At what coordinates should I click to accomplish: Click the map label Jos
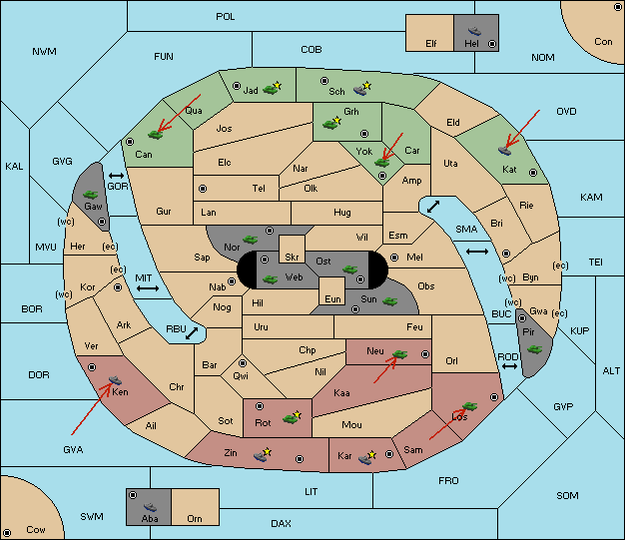click(x=224, y=129)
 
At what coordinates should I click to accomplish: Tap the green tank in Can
click(x=155, y=135)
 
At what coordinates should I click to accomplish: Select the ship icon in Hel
click(x=474, y=31)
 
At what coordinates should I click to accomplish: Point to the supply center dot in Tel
click(x=203, y=188)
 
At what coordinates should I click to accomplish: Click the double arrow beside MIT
click(x=148, y=288)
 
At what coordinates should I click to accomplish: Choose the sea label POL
click(x=226, y=17)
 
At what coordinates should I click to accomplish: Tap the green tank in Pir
click(x=534, y=349)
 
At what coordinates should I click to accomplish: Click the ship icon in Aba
click(x=151, y=507)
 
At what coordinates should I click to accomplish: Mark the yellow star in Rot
click(x=297, y=415)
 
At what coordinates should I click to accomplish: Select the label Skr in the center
click(x=292, y=258)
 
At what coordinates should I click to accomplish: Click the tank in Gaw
click(x=91, y=195)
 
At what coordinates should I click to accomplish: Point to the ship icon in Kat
click(x=504, y=151)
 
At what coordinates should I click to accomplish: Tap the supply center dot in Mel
click(x=394, y=258)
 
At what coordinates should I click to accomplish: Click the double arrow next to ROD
click(x=509, y=366)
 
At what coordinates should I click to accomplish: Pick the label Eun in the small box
click(x=332, y=298)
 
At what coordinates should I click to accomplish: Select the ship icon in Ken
click(x=115, y=379)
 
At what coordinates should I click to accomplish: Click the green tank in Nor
click(x=250, y=240)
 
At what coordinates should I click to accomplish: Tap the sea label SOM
click(x=567, y=495)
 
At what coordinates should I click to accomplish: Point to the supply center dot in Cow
click(x=7, y=533)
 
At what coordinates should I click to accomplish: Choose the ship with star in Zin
click(x=263, y=455)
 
